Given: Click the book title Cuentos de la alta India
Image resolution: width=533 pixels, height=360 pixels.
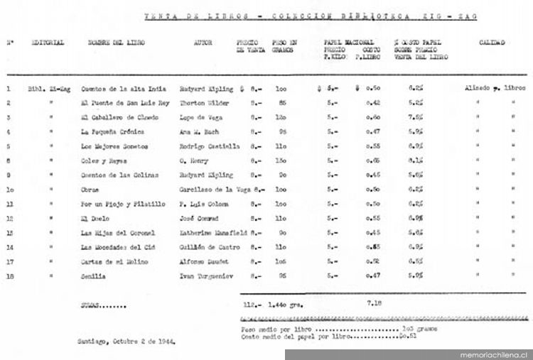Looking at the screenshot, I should [x=124, y=89].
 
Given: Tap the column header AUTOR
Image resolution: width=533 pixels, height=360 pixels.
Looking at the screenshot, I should [x=203, y=43].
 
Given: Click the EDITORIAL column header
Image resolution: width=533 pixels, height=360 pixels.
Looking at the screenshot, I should [x=48, y=43].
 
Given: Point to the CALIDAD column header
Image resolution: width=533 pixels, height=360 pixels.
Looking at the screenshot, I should [x=491, y=43].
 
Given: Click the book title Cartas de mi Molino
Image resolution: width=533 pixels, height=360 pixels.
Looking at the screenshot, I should [x=114, y=261].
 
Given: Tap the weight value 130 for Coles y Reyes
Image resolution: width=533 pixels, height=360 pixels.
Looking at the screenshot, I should [x=281, y=160].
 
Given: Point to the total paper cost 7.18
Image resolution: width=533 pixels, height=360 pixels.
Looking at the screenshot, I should [x=374, y=302].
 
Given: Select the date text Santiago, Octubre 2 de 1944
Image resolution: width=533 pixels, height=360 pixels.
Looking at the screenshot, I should [x=126, y=341].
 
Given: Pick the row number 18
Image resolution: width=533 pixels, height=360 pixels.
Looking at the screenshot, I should [x=9, y=276].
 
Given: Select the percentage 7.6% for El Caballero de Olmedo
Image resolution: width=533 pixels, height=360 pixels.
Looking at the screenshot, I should [x=416, y=117].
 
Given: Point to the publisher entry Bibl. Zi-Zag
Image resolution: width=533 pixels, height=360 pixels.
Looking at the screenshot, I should [x=46, y=89].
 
